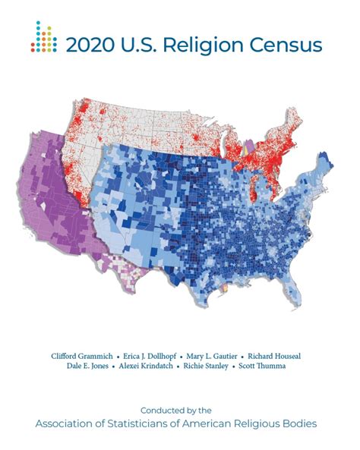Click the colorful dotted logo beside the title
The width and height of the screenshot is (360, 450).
pyautogui.click(x=43, y=37)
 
